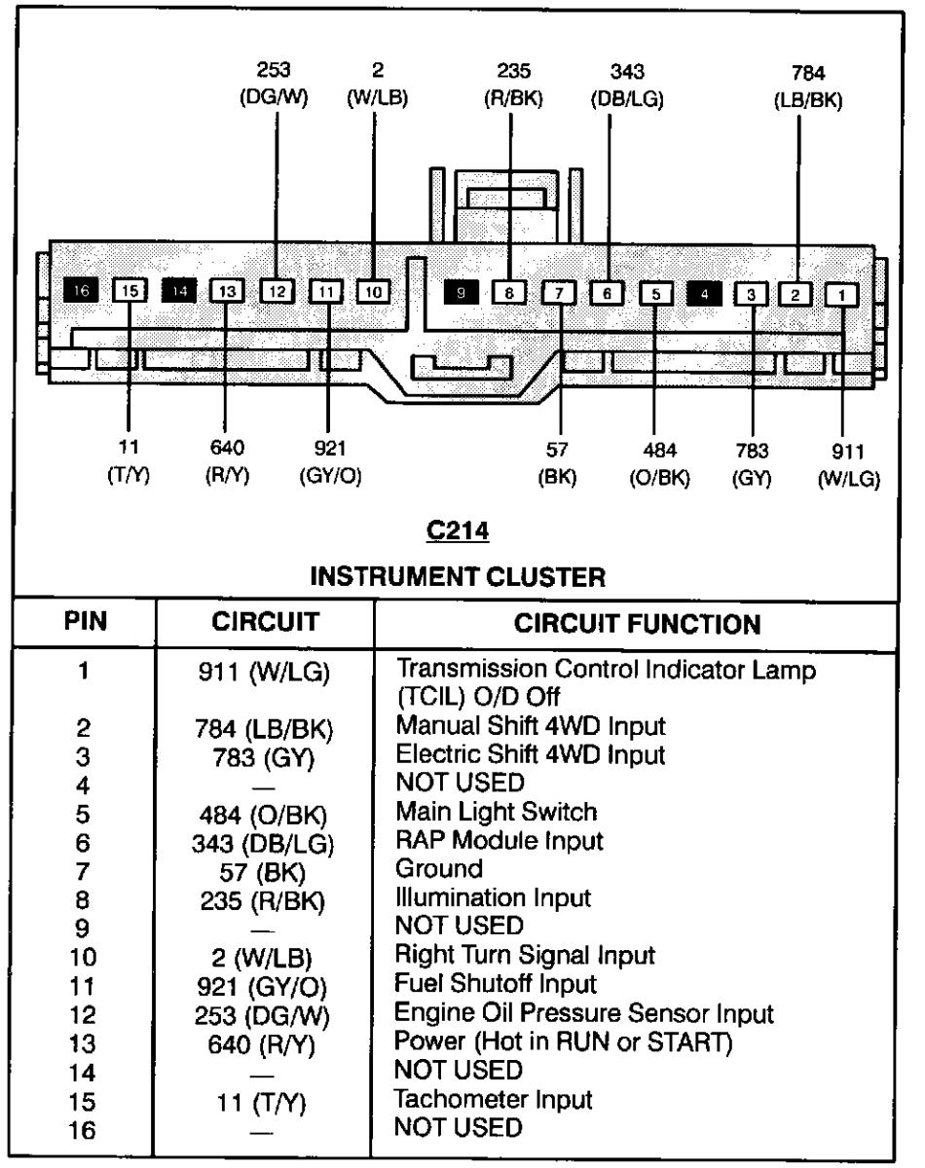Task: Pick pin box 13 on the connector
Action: click(225, 289)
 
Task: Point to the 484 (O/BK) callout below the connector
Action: click(657, 466)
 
